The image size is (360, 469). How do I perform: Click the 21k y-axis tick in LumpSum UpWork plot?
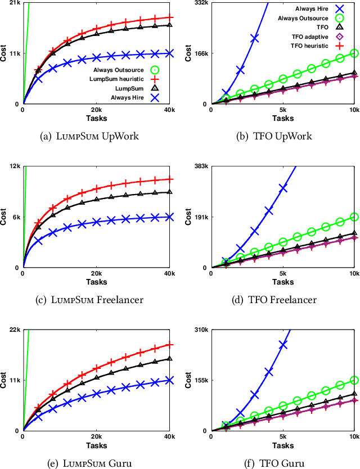[x=15, y=3]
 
